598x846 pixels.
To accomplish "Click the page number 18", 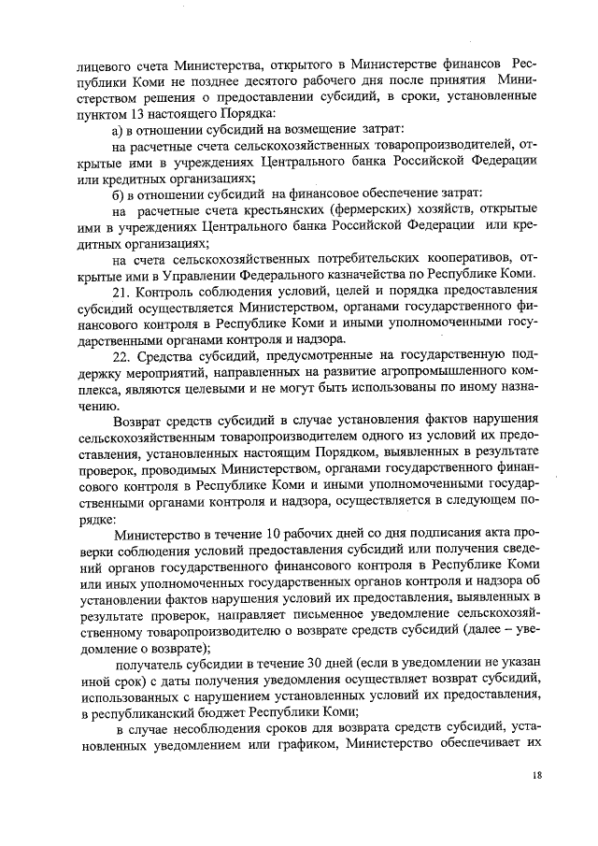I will (x=536, y=776).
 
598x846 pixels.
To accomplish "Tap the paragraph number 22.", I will (x=120, y=357).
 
